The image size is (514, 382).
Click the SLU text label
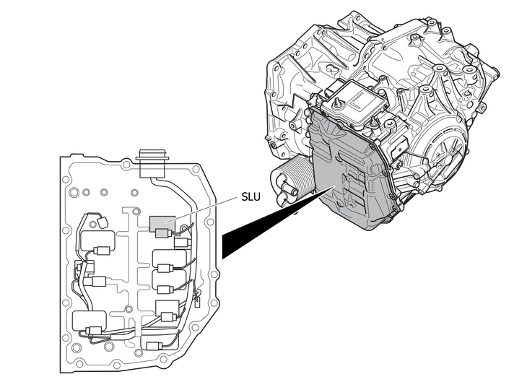[251, 196]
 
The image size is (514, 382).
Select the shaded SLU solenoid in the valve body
[162, 224]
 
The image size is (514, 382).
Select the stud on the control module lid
[336, 103]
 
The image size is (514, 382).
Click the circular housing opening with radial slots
[447, 154]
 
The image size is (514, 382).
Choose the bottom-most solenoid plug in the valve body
[153, 346]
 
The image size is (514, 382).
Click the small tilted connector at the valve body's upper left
[103, 222]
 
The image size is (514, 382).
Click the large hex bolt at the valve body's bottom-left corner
[76, 347]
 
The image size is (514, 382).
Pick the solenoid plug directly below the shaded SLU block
[162, 233]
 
